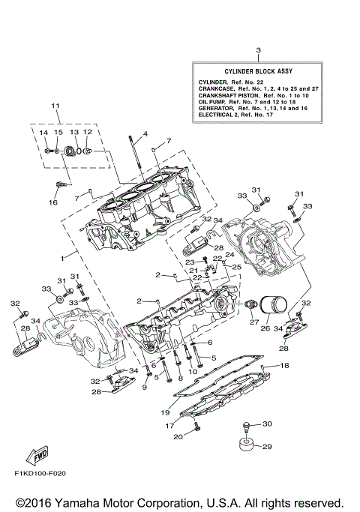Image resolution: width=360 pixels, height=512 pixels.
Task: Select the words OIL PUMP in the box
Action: (213, 101)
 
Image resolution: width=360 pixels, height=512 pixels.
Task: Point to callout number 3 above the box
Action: (257, 50)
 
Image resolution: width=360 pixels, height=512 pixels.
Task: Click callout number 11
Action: (55, 106)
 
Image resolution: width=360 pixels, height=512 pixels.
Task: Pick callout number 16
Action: (53, 202)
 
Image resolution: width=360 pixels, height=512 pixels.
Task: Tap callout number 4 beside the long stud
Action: (145, 134)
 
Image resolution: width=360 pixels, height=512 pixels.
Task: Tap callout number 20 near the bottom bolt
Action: (178, 437)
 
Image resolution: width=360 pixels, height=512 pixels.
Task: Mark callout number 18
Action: (284, 366)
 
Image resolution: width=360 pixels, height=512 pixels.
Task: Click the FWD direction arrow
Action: (37, 456)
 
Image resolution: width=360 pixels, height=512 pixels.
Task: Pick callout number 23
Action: (191, 262)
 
